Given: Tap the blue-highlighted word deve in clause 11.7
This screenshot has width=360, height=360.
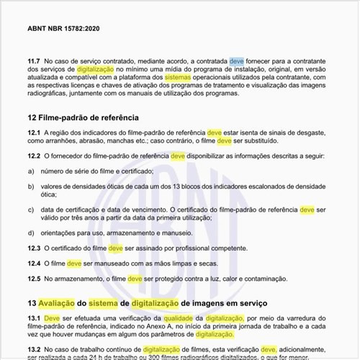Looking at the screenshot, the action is coord(238,63).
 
